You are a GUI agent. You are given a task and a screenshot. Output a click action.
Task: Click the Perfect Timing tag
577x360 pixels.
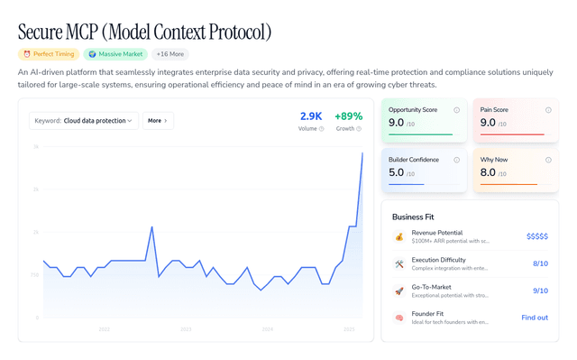47,54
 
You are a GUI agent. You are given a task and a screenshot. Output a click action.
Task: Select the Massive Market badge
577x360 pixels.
116,54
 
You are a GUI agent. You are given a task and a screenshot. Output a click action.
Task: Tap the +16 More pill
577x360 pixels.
170,54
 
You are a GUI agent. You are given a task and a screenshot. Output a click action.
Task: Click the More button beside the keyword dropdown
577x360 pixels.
158,120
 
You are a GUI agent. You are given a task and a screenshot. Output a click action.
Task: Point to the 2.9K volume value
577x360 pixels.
310,116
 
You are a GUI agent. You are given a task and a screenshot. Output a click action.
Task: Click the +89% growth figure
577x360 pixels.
348,116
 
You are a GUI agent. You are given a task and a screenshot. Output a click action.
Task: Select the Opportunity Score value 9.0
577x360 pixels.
397,123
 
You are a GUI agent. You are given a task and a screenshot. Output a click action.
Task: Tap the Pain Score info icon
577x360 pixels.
548,110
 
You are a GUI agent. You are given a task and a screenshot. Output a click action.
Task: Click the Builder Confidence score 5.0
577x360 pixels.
397,172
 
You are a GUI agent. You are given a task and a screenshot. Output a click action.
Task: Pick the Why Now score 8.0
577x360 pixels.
488,172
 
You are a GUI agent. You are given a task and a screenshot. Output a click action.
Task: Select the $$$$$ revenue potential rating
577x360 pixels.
536,236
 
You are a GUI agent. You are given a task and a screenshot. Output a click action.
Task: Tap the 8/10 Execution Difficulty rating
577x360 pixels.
540,263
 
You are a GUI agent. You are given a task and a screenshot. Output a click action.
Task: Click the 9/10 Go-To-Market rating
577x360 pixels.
540,291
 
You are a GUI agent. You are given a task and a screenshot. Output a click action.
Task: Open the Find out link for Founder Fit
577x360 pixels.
535,318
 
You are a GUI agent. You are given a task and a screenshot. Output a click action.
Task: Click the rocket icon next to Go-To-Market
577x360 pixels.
399,291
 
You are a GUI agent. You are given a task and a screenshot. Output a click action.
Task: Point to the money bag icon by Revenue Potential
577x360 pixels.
399,236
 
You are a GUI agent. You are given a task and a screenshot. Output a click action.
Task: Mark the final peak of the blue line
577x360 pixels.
362,152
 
